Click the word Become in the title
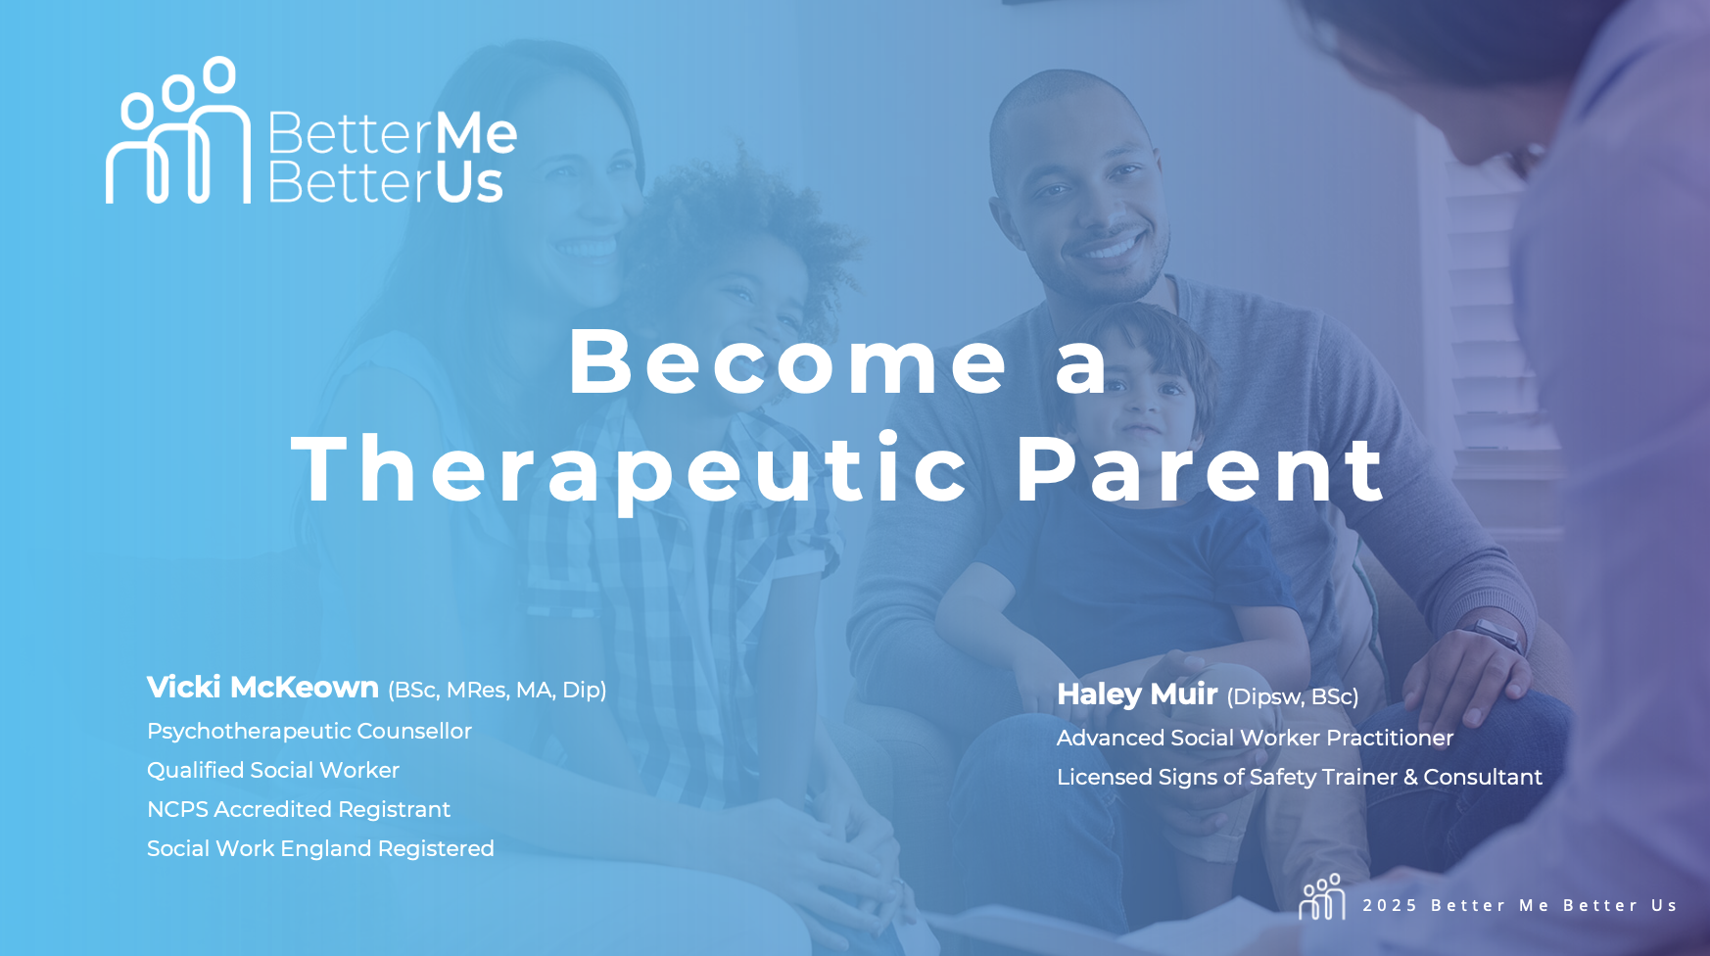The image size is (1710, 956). click(788, 361)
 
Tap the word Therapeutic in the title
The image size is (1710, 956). click(632, 470)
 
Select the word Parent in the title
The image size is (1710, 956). click(1201, 470)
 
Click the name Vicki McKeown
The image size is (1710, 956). click(262, 688)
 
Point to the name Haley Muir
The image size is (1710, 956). click(1137, 694)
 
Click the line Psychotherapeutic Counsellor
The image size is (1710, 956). click(309, 732)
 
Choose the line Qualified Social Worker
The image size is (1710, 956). click(273, 771)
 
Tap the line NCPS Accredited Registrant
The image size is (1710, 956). click(299, 810)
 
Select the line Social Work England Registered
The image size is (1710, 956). click(320, 849)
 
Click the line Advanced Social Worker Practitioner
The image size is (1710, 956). click(1255, 739)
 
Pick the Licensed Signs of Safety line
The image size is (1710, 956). click(1300, 778)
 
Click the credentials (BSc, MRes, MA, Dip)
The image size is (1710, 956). click(498, 691)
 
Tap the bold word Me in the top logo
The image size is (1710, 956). click(475, 134)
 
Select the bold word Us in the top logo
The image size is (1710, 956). click(469, 183)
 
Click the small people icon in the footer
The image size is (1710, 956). click(1322, 897)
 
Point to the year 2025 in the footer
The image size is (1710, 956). click(1390, 906)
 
